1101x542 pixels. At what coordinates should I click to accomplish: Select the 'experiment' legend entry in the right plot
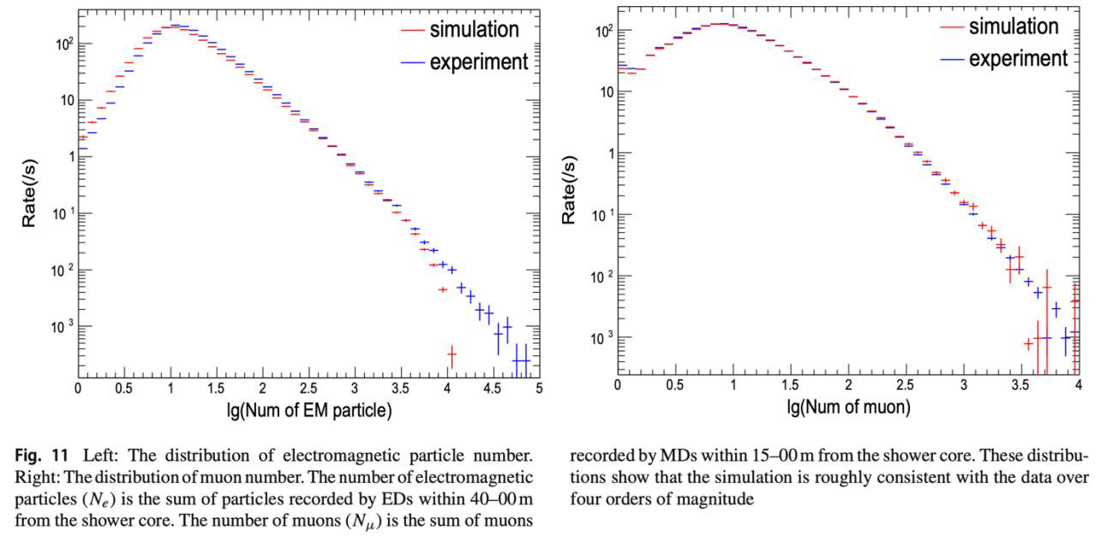pos(1018,58)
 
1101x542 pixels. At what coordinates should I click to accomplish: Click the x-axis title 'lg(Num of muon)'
pos(848,408)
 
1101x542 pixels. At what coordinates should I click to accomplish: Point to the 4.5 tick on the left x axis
pos(493,387)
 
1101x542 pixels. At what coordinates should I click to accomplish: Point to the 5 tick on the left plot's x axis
pos(539,387)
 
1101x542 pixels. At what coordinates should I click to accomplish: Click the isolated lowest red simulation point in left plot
pos(452,353)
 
